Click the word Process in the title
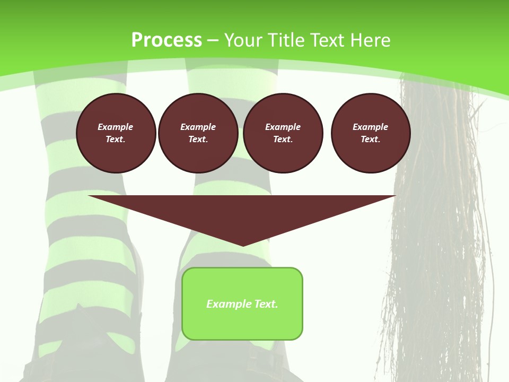[166, 40]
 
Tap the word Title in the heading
[284, 40]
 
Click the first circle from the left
[116, 133]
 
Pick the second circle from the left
[198, 133]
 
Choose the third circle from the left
[283, 133]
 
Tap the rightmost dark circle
[371, 133]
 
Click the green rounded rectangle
[242, 303]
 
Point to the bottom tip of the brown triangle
[243, 245]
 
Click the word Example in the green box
[225, 304]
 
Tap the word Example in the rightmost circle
[371, 127]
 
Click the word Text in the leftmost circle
[115, 139]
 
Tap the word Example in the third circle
[283, 127]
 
